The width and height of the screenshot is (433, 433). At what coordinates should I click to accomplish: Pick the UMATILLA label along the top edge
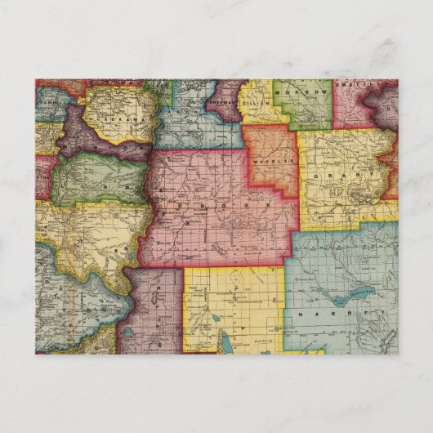(377, 85)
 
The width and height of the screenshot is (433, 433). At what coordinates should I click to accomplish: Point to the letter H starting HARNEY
(302, 315)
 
